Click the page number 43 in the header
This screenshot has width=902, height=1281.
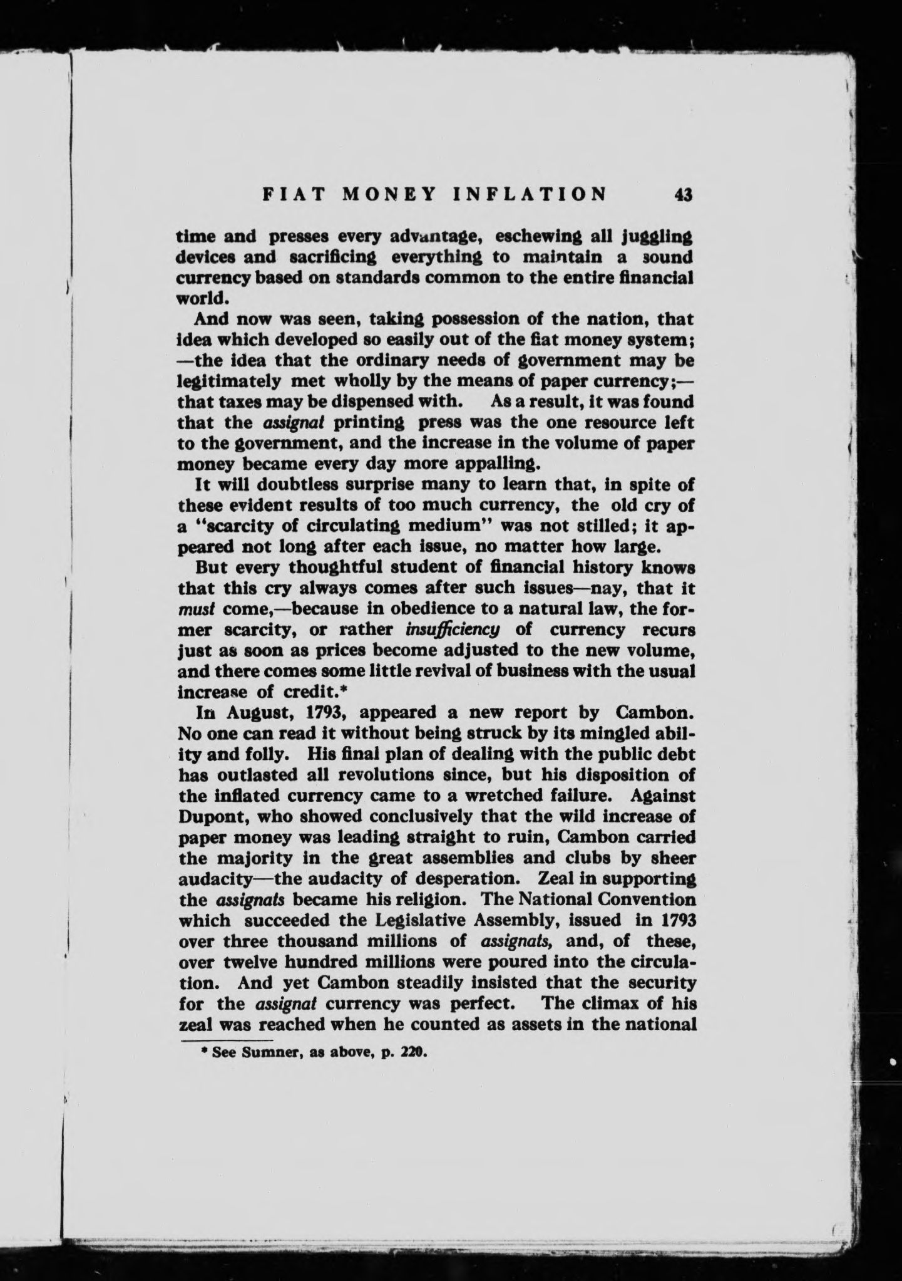tap(683, 195)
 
